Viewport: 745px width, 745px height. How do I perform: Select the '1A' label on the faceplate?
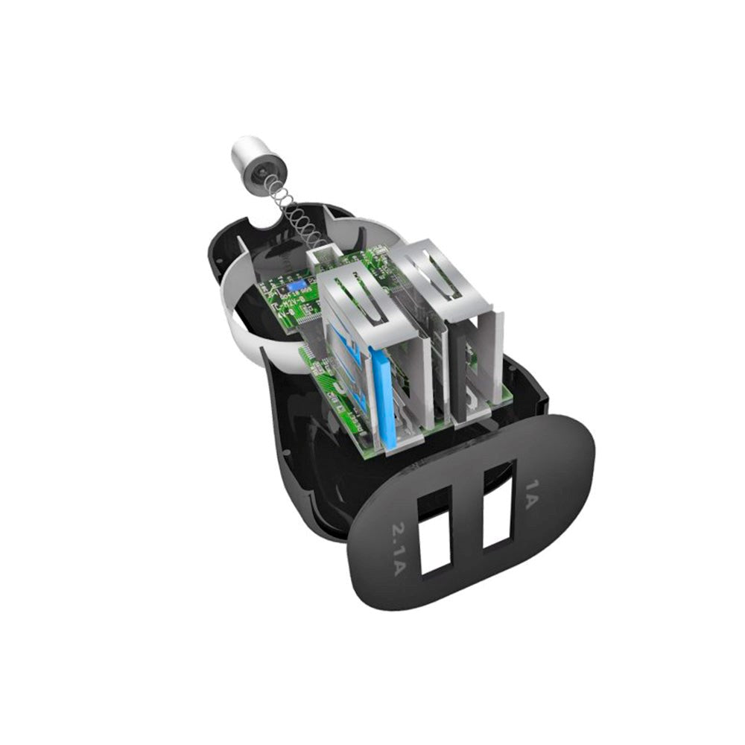pos(531,492)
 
